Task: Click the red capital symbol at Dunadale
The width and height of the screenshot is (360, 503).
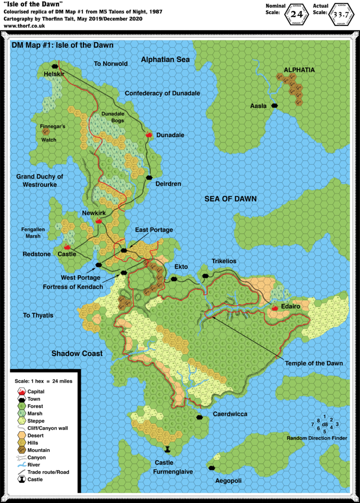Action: tap(150, 135)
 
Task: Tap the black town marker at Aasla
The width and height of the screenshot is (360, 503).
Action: tap(275, 106)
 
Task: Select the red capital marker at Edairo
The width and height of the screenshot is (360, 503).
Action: tap(275, 308)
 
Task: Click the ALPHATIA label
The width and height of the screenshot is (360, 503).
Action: tap(299, 70)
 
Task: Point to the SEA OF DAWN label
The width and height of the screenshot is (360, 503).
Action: tap(230, 199)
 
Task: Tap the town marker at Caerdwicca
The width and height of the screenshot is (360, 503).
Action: tap(200, 416)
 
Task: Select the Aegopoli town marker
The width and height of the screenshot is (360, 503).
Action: tap(212, 468)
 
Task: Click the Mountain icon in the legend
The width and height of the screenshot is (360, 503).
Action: tap(21, 450)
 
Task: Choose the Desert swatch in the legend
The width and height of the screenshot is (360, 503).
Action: tap(21, 435)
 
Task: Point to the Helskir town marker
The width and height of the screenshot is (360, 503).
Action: tap(55, 67)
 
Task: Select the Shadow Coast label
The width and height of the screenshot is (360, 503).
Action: tap(77, 353)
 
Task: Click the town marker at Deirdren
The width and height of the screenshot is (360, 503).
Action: tap(150, 177)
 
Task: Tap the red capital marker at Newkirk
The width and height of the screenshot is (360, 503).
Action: tap(99, 221)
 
